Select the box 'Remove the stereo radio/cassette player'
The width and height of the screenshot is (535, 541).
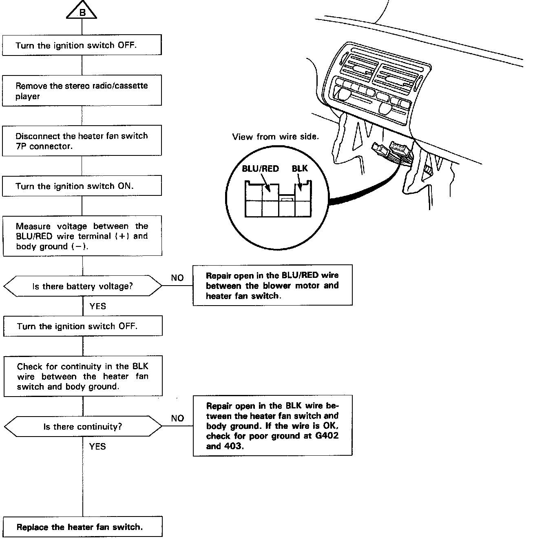82,91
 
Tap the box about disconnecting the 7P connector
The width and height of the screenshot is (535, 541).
82,141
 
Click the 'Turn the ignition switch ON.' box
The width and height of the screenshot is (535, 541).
82,186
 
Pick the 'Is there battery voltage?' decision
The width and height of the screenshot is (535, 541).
82,286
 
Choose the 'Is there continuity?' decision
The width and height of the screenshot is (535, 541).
82,427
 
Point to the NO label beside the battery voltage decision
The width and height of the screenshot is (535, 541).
177,278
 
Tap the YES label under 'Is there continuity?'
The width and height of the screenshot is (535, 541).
97,446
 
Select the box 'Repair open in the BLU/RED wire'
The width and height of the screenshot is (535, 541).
272,286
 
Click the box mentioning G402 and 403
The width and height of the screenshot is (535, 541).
272,426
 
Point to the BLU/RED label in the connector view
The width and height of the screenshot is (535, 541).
260,169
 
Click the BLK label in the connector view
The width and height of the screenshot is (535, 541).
300,169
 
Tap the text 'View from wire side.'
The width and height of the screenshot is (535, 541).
275,137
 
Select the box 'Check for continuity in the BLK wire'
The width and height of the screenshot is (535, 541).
83,376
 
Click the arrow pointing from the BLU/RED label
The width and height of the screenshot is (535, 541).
265,182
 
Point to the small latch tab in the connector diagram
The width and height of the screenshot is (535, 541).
286,199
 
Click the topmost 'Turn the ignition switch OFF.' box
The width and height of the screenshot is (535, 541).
82,45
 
